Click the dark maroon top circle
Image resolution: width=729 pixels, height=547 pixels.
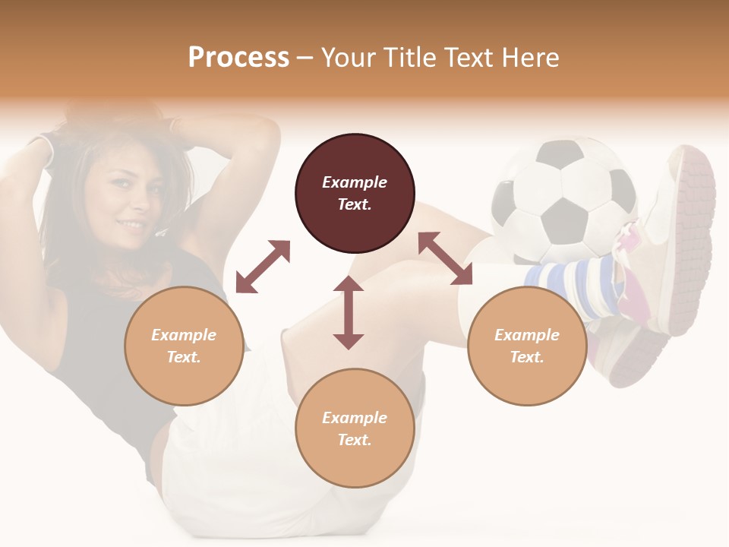coord(355,193)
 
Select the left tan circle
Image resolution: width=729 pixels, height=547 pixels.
coord(184,346)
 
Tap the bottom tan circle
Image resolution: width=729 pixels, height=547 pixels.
coord(355,428)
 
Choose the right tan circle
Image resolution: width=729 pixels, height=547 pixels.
coord(527,346)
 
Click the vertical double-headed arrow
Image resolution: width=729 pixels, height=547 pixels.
coord(349,312)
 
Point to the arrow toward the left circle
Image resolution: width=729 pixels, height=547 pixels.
coord(263,267)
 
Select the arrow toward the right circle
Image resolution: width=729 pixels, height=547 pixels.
coord(446,258)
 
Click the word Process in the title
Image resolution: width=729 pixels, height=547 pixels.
coord(238,57)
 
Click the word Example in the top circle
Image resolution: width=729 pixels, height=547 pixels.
coord(355,182)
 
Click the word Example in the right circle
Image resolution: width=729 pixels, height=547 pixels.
coord(527,335)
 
